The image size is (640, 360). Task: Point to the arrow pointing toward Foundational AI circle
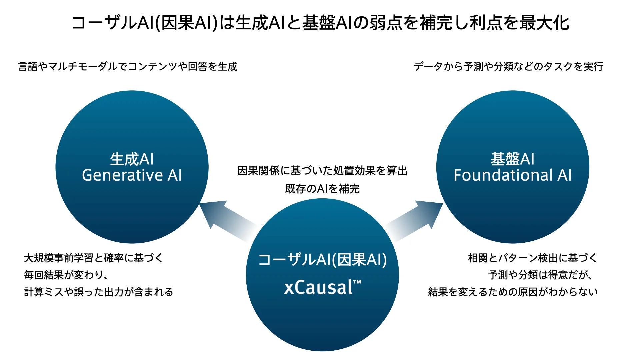(417, 218)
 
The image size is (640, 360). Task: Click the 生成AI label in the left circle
(132, 159)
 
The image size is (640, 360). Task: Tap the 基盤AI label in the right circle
(513, 159)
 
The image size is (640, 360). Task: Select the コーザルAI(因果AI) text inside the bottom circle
(322, 260)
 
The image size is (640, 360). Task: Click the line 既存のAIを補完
(322, 189)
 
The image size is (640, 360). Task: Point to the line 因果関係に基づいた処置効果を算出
(322, 171)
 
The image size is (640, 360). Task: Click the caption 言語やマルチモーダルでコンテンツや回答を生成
(128, 66)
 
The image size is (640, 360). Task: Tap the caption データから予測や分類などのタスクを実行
(509, 66)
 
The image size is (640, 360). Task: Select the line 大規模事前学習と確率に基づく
(93, 258)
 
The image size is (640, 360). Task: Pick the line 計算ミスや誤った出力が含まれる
(99, 292)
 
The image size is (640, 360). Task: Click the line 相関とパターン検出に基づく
(532, 258)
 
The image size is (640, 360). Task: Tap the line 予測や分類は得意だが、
(540, 275)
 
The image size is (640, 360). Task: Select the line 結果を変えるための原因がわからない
(513, 292)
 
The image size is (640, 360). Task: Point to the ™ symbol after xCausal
(357, 282)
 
